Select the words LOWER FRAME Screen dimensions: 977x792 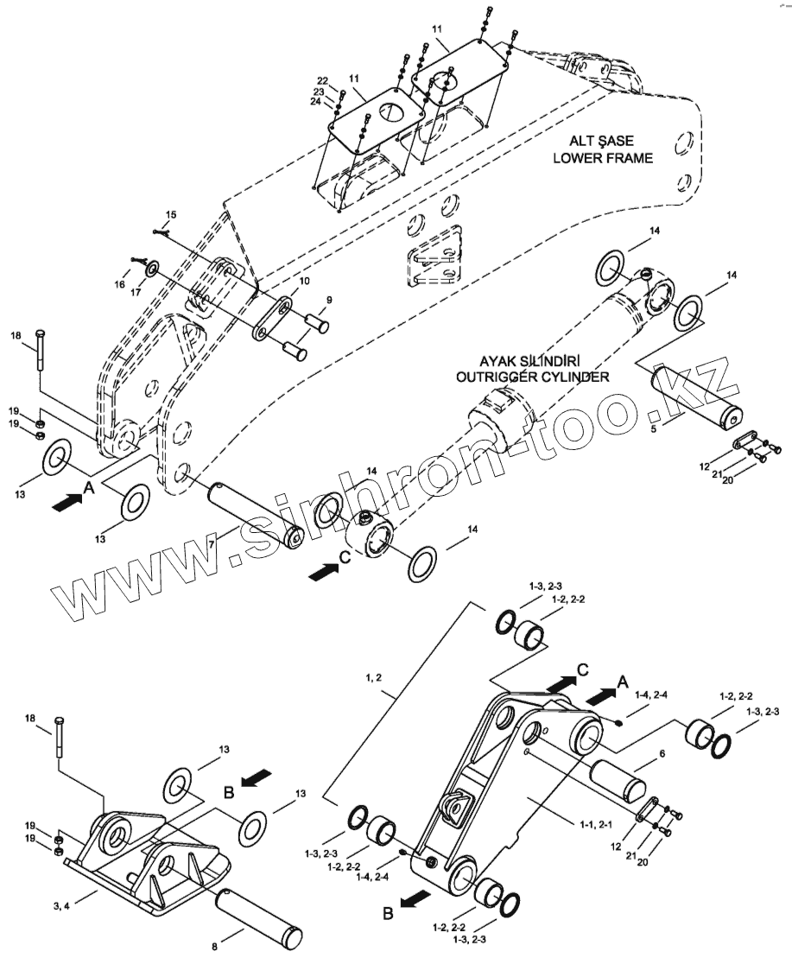601,158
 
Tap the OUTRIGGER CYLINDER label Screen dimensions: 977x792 532,377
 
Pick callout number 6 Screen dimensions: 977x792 662,753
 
